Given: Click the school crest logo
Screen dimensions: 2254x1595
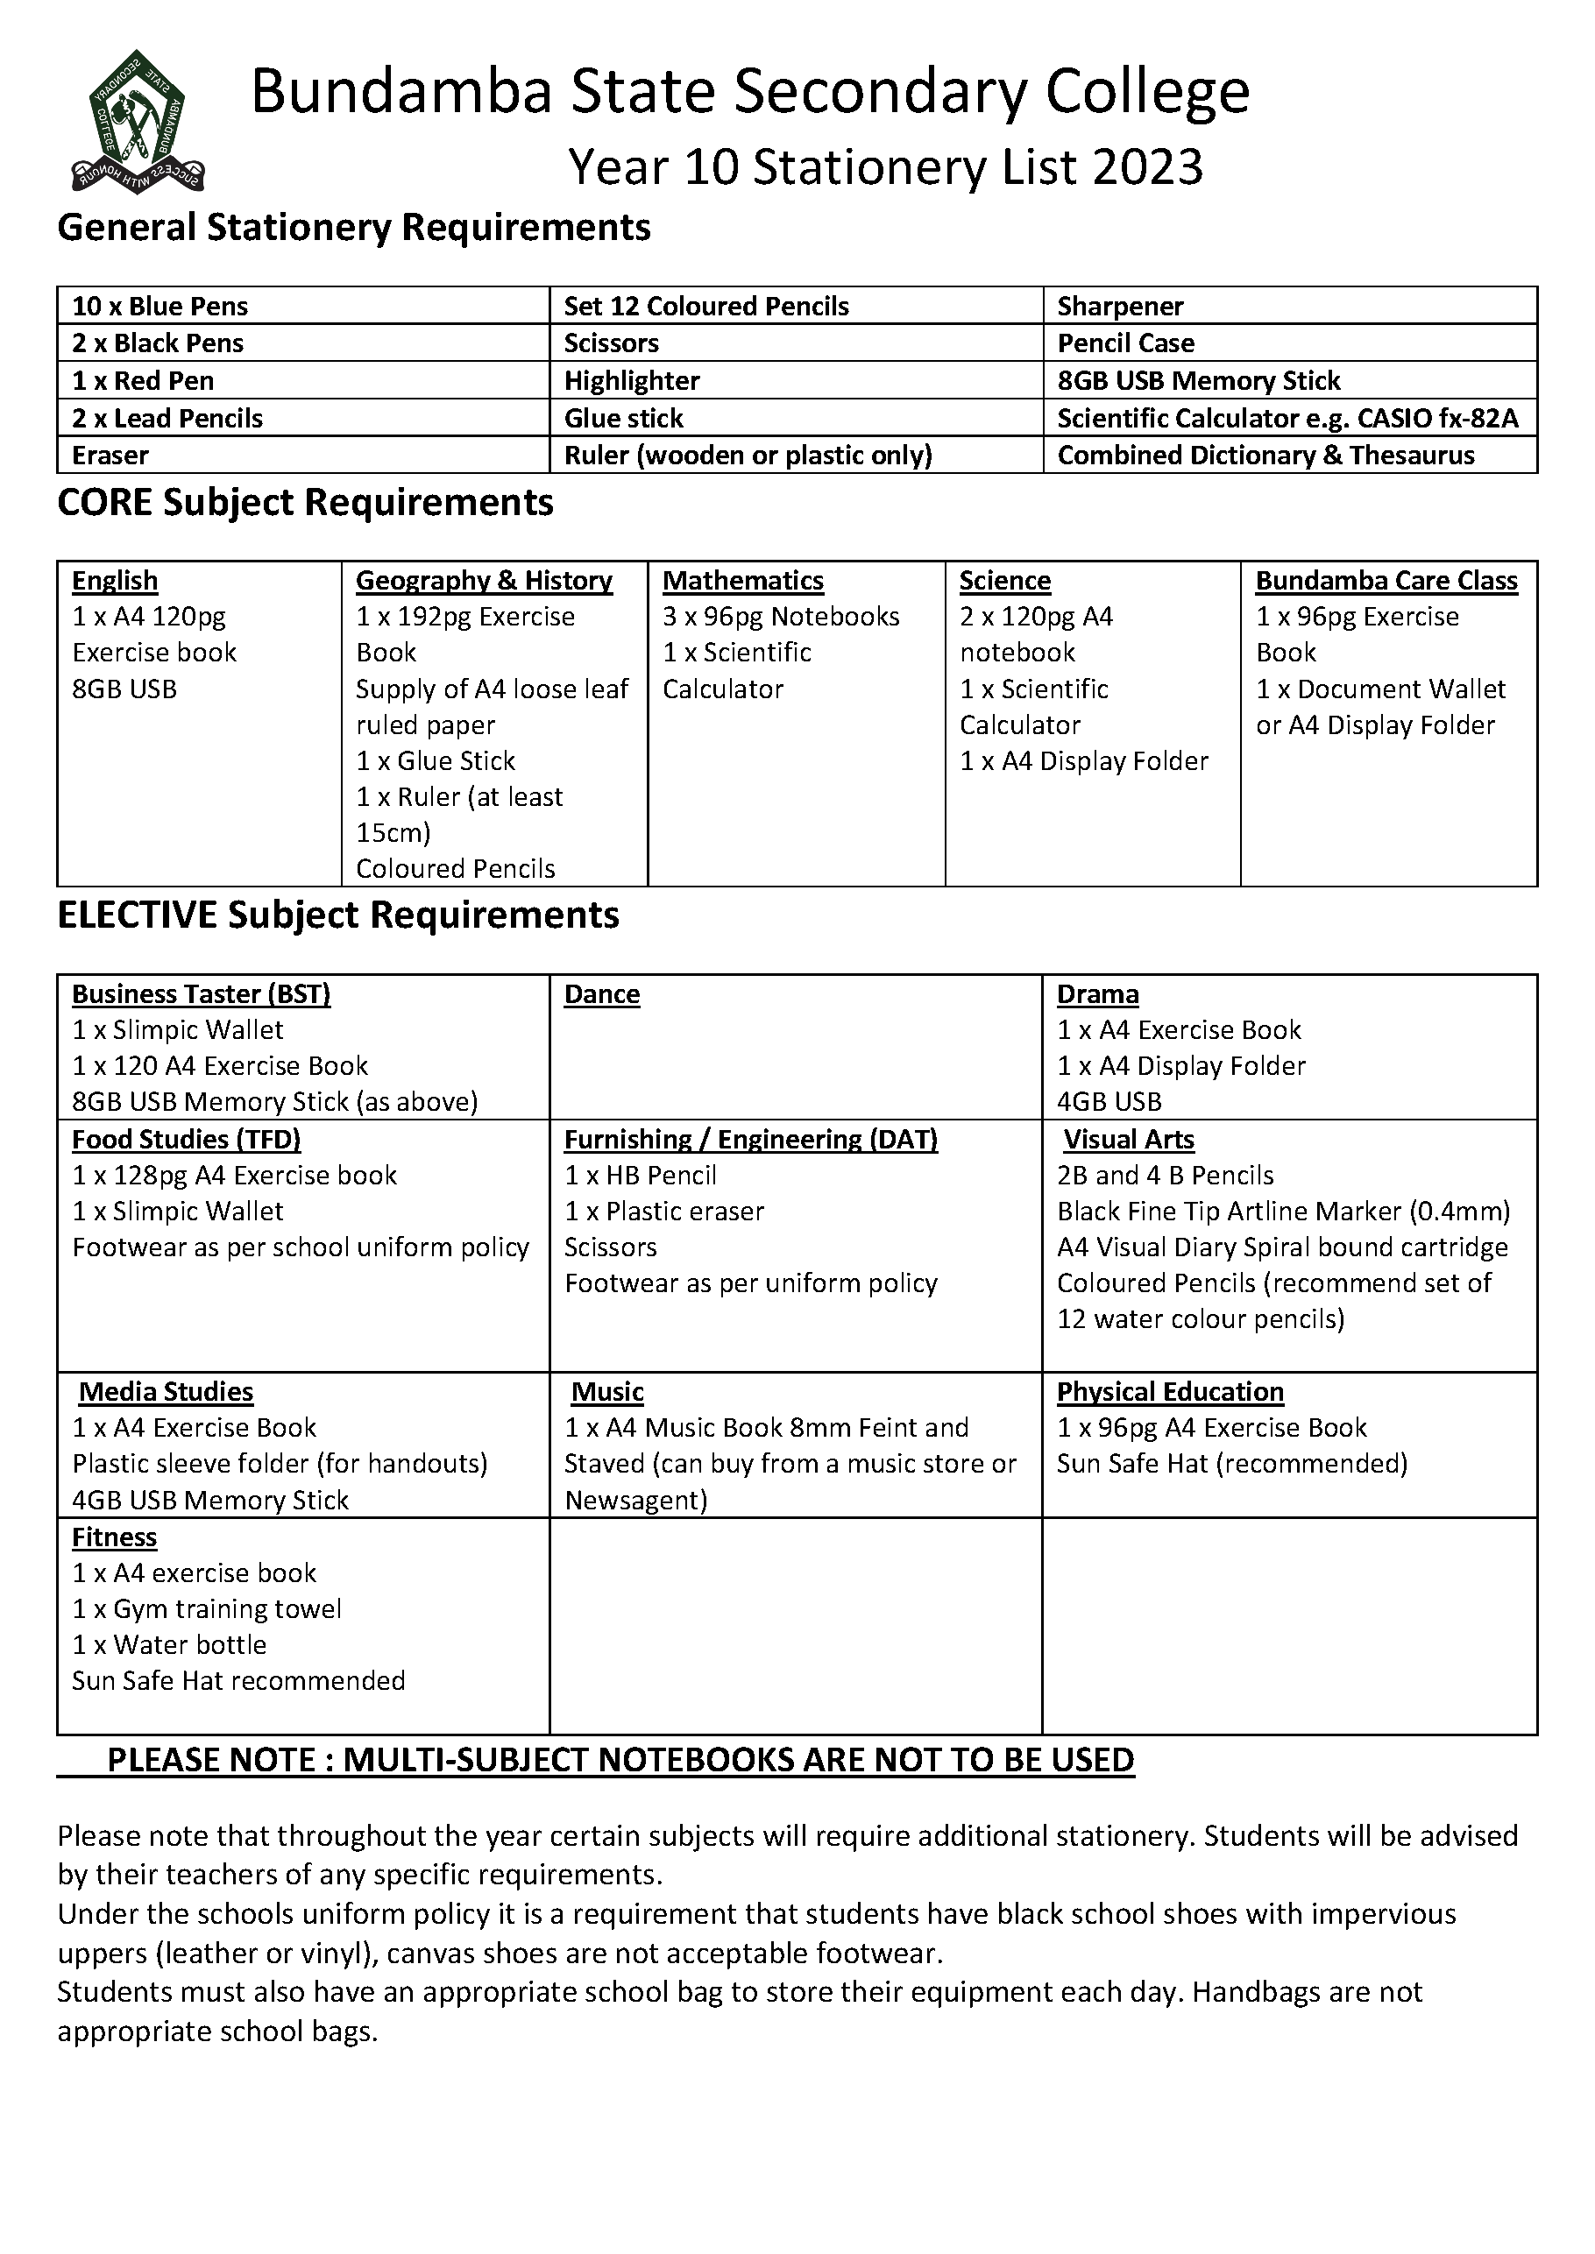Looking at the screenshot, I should [137, 122].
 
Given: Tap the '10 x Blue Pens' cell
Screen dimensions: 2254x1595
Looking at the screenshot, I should [160, 307].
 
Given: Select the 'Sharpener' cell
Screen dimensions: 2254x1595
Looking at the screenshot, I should [1120, 307].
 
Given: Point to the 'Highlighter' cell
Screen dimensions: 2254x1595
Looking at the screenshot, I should [632, 381].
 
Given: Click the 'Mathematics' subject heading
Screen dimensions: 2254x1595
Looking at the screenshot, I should [742, 580].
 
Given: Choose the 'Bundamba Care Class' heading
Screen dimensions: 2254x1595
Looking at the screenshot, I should [1386, 580].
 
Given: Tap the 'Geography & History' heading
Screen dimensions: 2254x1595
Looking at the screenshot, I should [483, 580].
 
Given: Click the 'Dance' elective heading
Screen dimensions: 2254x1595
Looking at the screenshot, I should [601, 994].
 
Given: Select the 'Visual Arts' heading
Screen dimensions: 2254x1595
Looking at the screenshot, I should [1129, 1140].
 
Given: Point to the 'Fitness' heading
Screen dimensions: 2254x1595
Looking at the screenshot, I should [114, 1537].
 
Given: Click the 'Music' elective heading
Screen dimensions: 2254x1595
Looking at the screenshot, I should [607, 1392].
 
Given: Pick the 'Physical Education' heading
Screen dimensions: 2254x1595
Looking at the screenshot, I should [1170, 1392].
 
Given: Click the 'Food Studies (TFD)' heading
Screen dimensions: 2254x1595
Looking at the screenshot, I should [186, 1140].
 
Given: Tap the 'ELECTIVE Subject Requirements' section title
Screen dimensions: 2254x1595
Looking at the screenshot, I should [338, 915].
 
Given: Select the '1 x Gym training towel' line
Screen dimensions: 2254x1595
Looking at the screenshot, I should [206, 1609].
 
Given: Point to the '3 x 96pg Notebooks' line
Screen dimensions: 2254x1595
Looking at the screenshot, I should [781, 617].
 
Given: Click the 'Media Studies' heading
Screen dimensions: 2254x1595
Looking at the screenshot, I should [166, 1392].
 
